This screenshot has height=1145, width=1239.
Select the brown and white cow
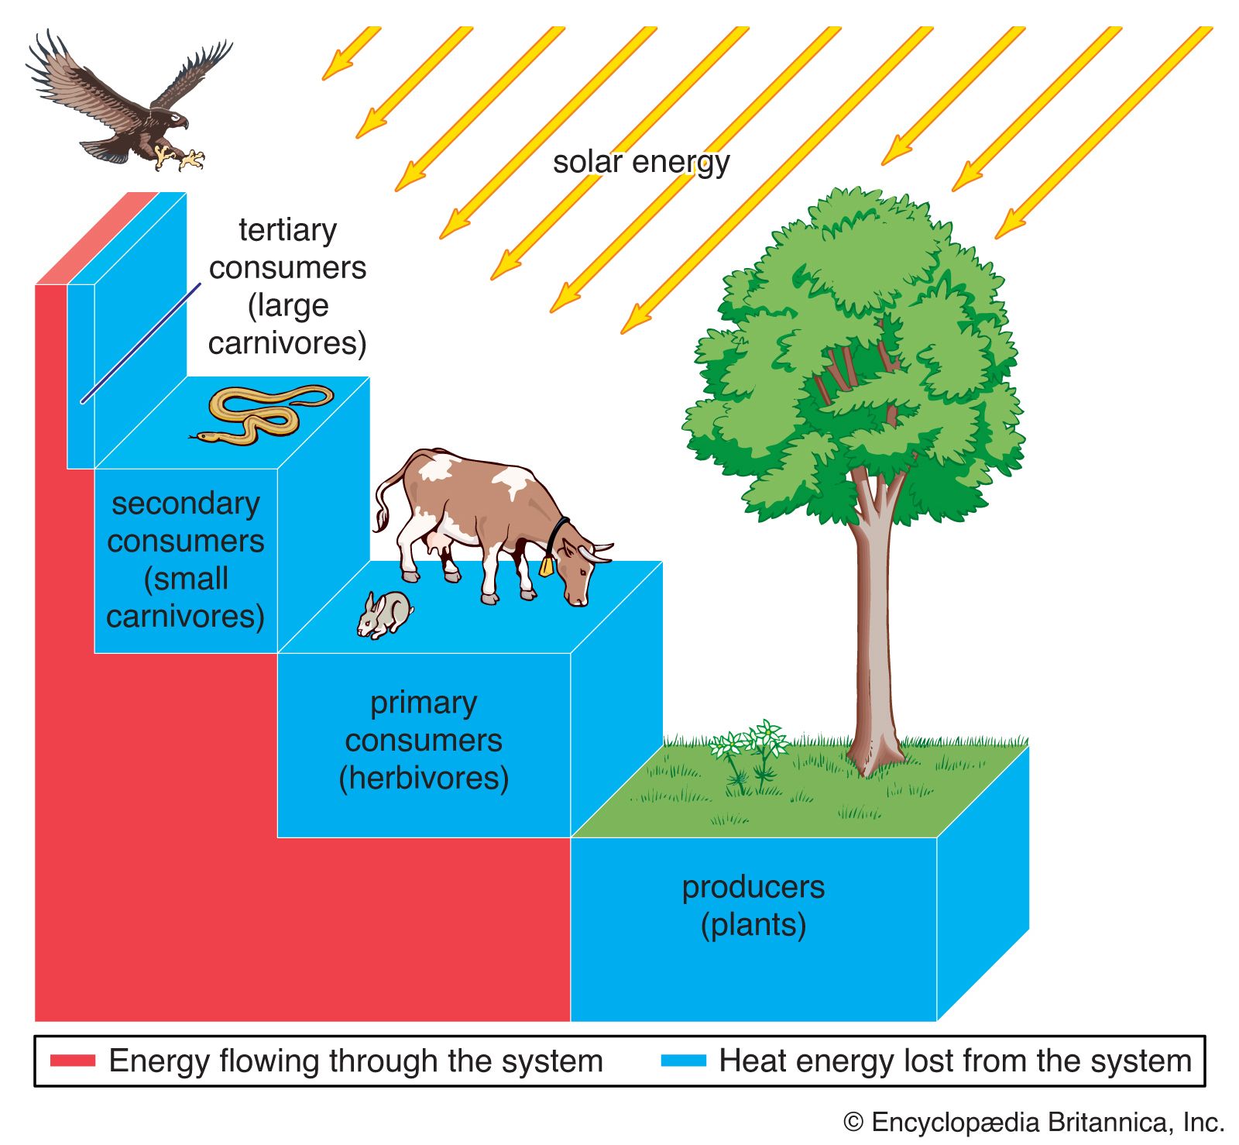coord(488,519)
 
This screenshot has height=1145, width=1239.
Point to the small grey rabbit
coord(384,614)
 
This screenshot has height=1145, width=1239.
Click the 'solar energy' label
coord(641,163)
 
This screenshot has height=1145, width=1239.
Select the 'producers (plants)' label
coord(753,905)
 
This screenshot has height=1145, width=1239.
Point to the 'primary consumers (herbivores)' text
coord(424,740)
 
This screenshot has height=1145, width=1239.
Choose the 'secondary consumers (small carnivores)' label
coord(186,559)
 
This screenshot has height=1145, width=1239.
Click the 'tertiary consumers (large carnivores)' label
coord(287,286)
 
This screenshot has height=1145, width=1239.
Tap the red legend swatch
coord(73,1060)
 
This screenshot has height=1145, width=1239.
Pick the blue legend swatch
coord(683,1060)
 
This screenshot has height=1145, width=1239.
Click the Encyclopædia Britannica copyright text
coord(1033,1122)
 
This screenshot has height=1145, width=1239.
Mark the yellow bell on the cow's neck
coord(547,566)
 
